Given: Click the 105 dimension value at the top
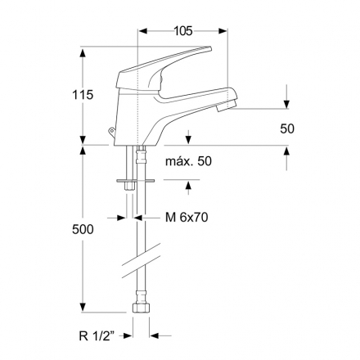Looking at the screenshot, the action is pos(183,31).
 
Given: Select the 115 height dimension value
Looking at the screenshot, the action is pos(83,95).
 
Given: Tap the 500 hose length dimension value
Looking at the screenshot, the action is pos(83,229).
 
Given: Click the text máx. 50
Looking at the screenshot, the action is pos(188,161).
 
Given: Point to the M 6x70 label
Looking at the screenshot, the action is pos(187,218).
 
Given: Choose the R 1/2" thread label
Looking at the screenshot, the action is pos(97,336).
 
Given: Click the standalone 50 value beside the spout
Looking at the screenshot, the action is pos(287,128).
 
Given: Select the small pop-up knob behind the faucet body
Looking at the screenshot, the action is pos(111,132).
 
